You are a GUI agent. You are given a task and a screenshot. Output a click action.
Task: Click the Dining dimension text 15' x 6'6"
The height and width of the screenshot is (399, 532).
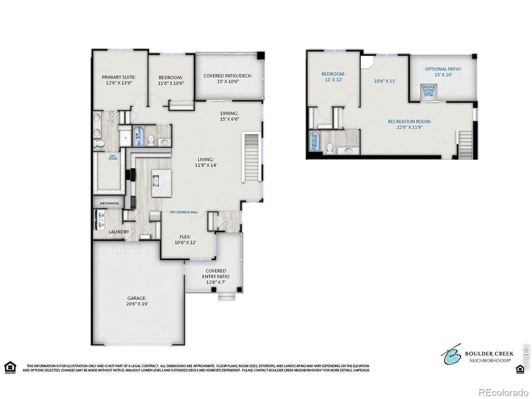[x=230, y=119]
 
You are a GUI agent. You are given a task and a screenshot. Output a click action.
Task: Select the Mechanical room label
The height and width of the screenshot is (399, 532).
[x=110, y=203]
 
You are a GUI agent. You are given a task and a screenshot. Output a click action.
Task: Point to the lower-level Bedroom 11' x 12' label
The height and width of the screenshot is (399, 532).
[x=333, y=76]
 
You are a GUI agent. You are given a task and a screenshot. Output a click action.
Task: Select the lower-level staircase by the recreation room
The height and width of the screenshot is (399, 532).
[x=466, y=140]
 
